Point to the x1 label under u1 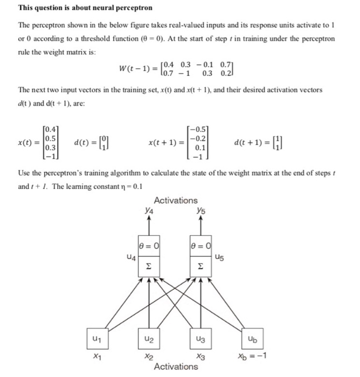coord(96,357)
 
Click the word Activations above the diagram coord(176,200)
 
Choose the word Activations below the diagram coord(176,367)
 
